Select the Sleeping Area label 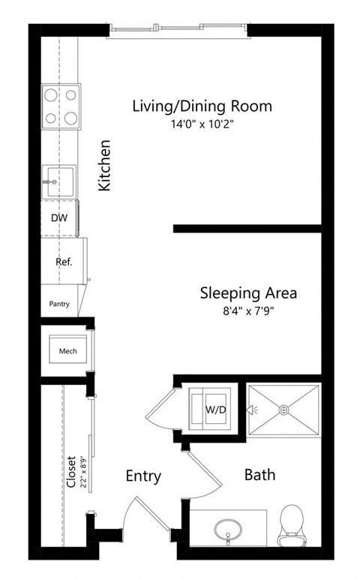coord(248,292)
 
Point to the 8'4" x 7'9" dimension coord(248,310)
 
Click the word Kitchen coord(106,164)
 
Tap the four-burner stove coord(61,107)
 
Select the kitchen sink coord(58,181)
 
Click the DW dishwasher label coord(58,218)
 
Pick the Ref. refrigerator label coord(64,262)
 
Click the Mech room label coord(66,350)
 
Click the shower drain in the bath coord(283,410)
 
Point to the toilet coord(289,525)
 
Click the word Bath coord(259,475)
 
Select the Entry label coord(143,476)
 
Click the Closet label coord(71,473)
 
